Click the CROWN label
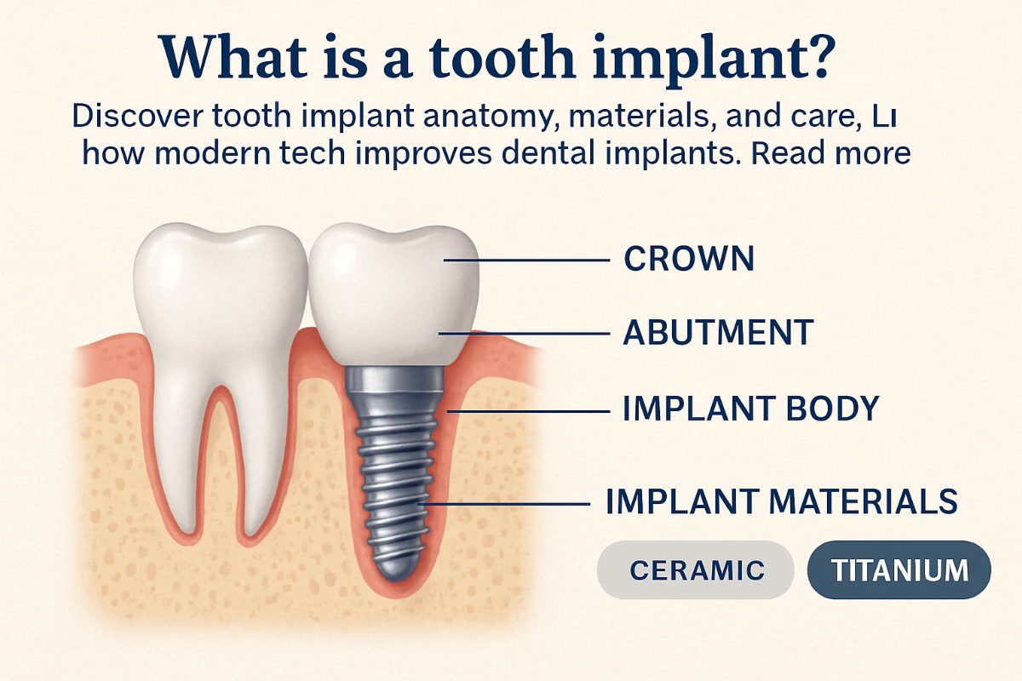pos(688,259)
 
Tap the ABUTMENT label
pos(718,333)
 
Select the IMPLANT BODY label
pos(750,409)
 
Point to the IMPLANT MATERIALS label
pos(781,501)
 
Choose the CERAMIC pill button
pos(697,569)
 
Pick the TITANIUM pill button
pos(899,569)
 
